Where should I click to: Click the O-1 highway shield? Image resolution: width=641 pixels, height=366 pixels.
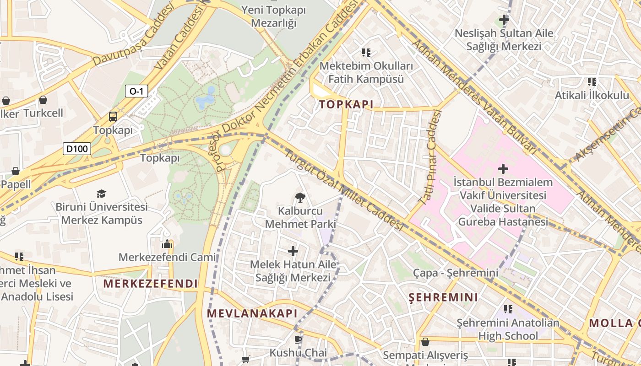point(136,91)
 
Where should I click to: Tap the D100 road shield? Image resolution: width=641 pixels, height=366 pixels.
point(77,148)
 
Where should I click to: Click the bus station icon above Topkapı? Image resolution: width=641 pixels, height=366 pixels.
point(113,117)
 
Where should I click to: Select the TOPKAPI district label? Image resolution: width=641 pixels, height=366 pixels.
point(346,104)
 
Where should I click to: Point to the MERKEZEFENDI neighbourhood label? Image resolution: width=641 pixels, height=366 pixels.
point(150,284)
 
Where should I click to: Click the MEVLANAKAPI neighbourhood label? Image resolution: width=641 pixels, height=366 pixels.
point(252,314)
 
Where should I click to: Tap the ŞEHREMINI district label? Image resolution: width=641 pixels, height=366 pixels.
point(443,297)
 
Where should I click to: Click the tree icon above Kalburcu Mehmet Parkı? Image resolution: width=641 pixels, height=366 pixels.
point(300,198)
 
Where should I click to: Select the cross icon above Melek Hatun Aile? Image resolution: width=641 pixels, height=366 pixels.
point(293,251)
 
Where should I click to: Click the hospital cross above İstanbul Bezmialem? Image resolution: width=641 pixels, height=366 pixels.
point(503,169)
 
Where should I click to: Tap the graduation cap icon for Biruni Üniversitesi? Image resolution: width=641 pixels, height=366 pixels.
point(101,194)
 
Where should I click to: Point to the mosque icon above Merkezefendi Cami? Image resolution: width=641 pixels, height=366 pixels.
point(167,244)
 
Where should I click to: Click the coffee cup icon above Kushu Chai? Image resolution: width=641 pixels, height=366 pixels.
point(298,339)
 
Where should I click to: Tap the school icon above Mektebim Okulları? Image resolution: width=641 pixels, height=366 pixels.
point(366,53)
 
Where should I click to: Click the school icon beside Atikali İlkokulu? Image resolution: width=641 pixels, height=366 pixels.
point(592,82)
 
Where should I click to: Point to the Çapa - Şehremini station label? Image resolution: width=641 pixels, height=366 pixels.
point(455,273)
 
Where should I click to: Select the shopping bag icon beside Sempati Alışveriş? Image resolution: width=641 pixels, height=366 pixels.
point(425,342)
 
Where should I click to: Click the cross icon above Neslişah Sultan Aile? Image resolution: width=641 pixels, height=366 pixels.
point(504,20)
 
